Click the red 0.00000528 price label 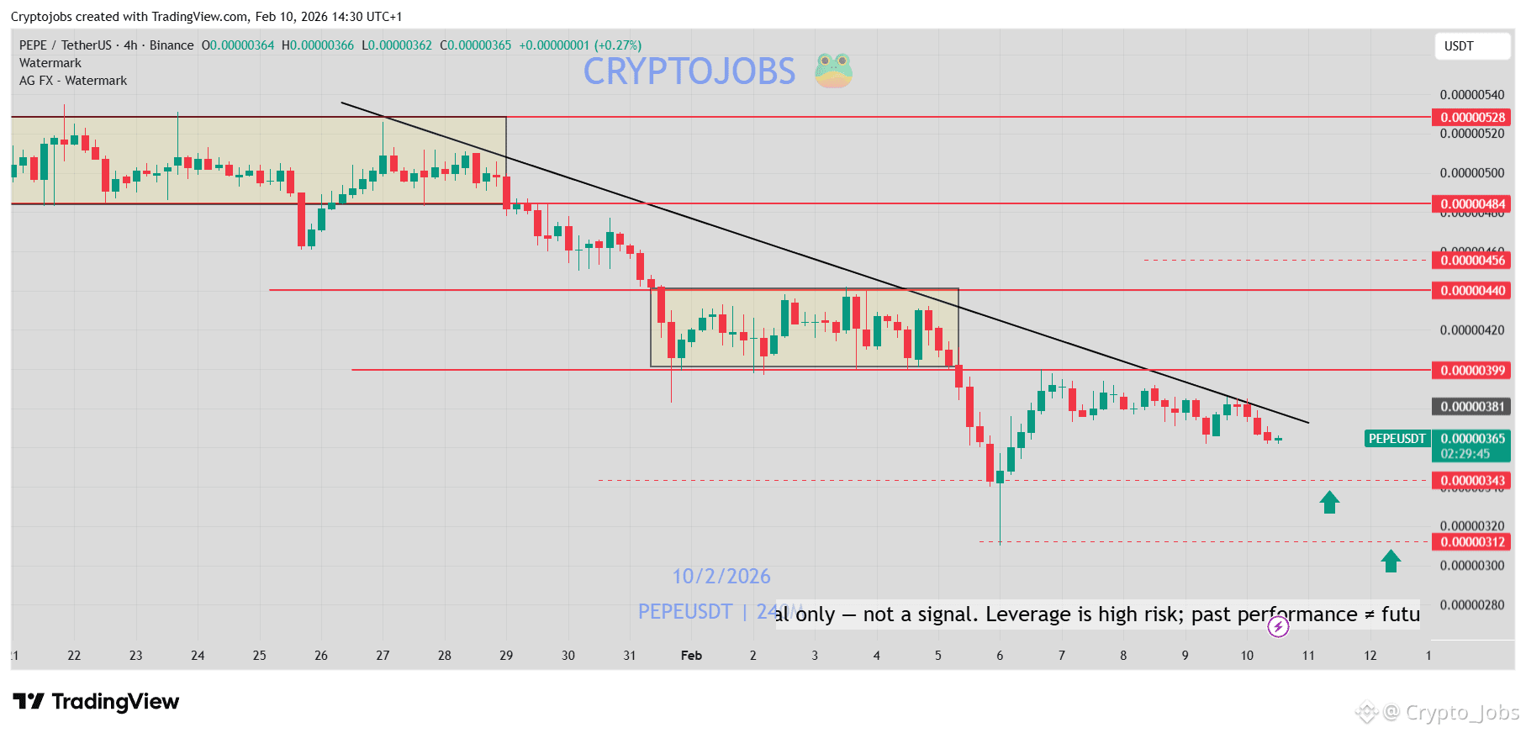(1471, 118)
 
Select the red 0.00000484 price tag (1471, 204)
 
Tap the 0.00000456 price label (1471, 261)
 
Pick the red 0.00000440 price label (1471, 291)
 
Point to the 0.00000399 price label (1471, 371)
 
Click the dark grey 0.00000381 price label (1471, 407)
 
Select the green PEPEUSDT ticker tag (1397, 439)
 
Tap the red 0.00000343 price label (1471, 481)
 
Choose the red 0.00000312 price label (1471, 542)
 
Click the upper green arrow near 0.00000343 (1329, 503)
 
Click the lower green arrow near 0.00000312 (1391, 561)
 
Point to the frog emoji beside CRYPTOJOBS (833, 71)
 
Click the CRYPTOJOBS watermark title (689, 71)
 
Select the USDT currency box (1471, 46)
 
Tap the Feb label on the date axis (691, 656)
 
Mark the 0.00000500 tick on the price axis (1471, 173)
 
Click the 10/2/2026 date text (721, 577)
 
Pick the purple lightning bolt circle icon (1278, 626)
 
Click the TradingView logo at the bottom (96, 702)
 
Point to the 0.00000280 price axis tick (1471, 605)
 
